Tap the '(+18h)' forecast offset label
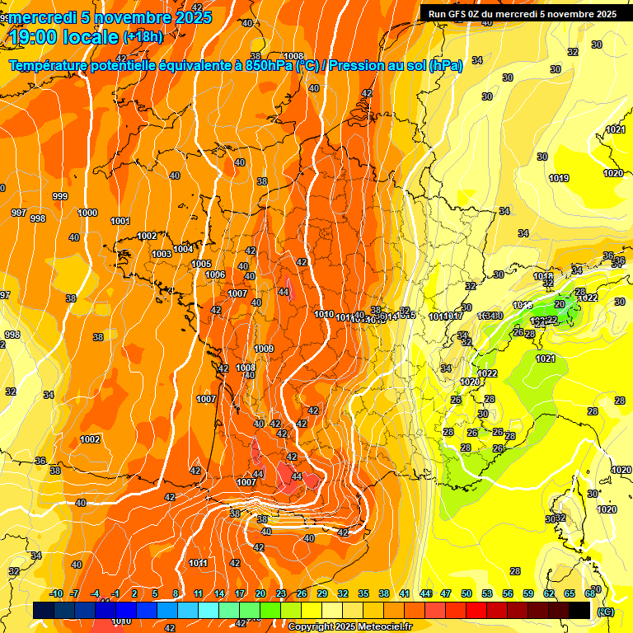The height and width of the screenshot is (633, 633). pos(143,37)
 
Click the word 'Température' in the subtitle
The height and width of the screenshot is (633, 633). pos(52,64)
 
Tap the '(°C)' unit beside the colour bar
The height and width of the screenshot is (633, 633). pos(605,612)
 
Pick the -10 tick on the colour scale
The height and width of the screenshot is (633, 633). pos(55,593)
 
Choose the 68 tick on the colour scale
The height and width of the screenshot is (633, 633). pos(591,593)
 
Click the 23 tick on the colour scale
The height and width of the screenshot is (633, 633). pos(280,593)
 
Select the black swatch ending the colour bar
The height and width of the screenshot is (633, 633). pos(579,610)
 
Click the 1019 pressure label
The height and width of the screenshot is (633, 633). pos(559,179)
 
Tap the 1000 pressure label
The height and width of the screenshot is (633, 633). pos(87,213)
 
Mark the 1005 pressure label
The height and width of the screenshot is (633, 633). pos(201,264)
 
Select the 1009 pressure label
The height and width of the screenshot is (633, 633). pos(264,349)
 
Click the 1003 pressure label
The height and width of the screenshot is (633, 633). pos(162,254)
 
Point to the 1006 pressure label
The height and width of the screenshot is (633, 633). pos(215,274)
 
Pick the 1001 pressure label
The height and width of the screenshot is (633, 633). pos(120,221)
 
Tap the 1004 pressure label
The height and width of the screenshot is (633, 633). pos(183,249)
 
